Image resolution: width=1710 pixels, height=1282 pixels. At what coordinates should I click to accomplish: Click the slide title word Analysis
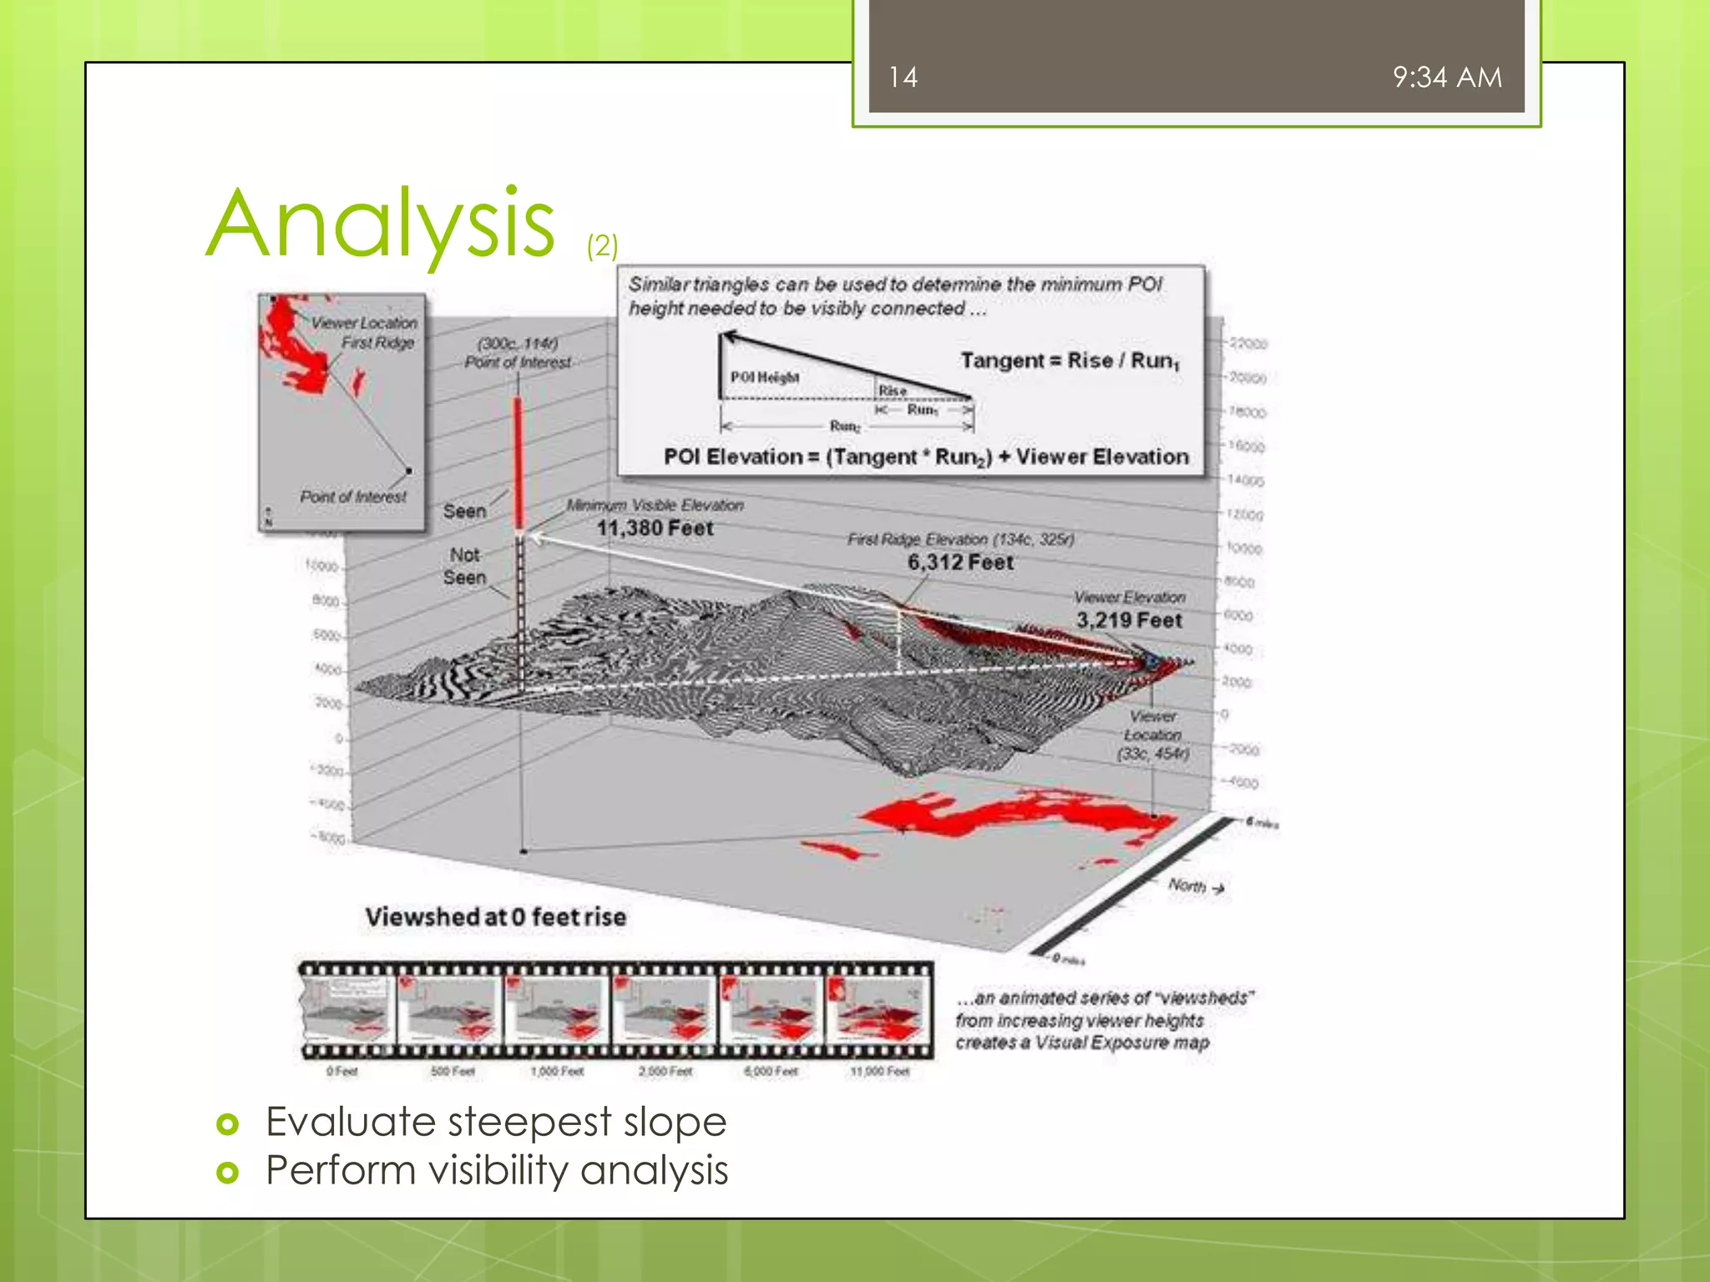(x=381, y=224)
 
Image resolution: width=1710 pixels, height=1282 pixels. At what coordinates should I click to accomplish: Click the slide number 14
(x=903, y=78)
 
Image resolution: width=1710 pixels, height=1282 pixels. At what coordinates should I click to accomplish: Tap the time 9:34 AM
(x=1446, y=78)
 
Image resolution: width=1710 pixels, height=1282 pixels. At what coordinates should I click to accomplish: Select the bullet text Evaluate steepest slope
(x=495, y=1121)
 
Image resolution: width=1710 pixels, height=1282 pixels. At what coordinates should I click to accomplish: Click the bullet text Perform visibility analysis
(x=496, y=1170)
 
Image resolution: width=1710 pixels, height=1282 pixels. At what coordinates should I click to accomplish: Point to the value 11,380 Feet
(x=655, y=528)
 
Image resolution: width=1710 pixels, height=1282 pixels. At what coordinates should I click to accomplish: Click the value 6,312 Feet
(x=960, y=563)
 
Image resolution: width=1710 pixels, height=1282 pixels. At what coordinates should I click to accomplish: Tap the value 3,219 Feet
(x=1129, y=620)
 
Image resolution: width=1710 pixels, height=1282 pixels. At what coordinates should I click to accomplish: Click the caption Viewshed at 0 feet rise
(x=495, y=917)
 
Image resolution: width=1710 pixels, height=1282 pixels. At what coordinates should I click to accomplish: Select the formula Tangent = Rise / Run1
(x=1070, y=361)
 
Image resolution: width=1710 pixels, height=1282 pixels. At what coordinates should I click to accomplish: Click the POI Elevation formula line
(x=925, y=457)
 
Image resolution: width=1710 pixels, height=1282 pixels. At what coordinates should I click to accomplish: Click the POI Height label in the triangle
(x=764, y=377)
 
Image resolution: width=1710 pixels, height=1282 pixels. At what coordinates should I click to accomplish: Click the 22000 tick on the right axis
(x=1247, y=344)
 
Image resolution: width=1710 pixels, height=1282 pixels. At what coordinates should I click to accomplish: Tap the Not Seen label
(x=464, y=566)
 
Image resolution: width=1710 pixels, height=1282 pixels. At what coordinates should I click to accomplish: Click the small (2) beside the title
(x=602, y=246)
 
